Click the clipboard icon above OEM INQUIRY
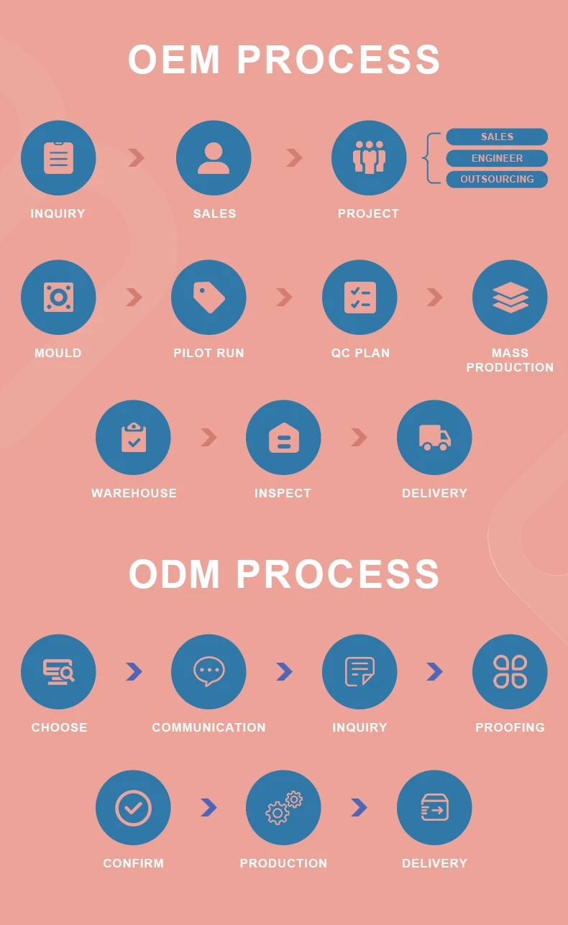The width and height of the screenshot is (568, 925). coord(58,158)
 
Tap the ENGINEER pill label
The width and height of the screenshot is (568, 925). coord(497,158)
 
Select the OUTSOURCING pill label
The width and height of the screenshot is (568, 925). coord(497,179)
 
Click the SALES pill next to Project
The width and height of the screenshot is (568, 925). coord(497,137)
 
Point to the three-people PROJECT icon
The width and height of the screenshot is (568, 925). coord(369,158)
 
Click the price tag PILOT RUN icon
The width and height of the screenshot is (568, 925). coord(209,297)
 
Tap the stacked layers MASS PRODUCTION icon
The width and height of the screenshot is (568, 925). coord(510,297)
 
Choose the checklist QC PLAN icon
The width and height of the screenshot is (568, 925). coord(359,297)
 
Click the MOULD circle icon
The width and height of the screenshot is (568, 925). coord(58,297)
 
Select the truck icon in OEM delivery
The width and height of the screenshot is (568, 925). coord(434,437)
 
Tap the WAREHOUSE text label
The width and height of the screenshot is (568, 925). coord(134,493)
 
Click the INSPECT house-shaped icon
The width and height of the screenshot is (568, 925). coord(283,437)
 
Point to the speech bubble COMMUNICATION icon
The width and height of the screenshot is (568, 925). coord(209,671)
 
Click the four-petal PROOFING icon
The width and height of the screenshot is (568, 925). coord(510,671)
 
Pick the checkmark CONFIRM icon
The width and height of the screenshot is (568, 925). coord(133,807)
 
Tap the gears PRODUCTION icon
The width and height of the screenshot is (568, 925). coord(283,807)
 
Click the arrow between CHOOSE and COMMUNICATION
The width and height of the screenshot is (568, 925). coord(134,671)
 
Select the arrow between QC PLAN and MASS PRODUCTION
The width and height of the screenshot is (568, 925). coord(434,297)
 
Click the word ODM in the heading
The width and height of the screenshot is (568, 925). coord(175,575)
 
